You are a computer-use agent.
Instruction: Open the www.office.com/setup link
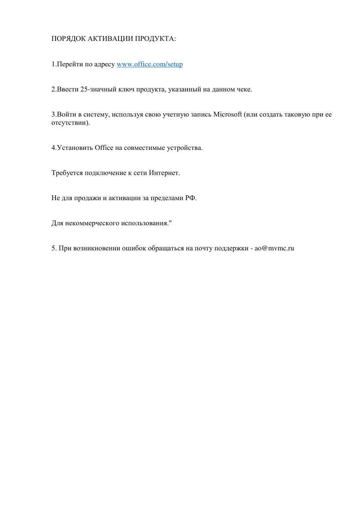point(150,64)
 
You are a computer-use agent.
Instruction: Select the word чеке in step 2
point(244,89)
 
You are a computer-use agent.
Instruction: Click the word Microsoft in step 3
point(228,114)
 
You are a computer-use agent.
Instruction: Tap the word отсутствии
point(70,123)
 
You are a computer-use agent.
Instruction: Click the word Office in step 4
point(104,148)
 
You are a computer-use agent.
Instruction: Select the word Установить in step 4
point(75,148)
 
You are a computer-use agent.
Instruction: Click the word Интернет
point(164,173)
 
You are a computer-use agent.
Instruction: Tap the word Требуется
point(67,173)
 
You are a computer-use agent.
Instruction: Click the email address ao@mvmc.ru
point(274,248)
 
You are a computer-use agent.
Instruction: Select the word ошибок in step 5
point(134,248)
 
